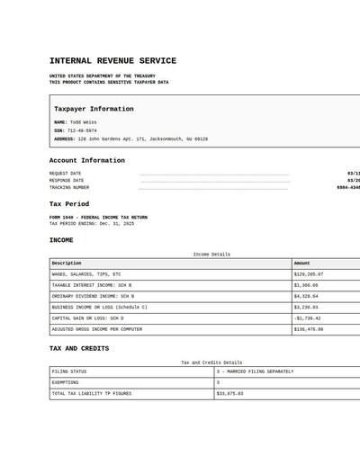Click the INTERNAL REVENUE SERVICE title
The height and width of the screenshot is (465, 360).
[112, 61]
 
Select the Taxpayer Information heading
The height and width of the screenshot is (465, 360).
[94, 109]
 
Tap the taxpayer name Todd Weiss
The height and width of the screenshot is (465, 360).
[84, 122]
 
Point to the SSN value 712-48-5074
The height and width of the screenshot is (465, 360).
[81, 130]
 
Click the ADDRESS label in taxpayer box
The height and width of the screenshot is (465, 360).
[64, 139]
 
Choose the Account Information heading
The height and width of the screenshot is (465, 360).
[86, 161]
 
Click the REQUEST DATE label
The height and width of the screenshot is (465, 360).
[65, 173]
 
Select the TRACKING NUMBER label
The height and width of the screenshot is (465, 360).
[69, 188]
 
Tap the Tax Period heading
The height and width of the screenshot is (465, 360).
[69, 204]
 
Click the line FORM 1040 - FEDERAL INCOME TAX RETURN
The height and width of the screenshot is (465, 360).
[97, 218]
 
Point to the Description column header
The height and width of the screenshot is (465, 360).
[67, 264]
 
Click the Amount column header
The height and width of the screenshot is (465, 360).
[302, 264]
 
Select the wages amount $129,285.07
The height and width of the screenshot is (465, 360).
[309, 274]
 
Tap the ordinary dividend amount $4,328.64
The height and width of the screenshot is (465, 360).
[306, 296]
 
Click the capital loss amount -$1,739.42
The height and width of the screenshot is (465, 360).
[307, 318]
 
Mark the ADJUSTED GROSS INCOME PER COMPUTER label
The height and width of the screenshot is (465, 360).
[97, 329]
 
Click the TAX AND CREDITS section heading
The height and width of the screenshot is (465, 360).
[79, 348]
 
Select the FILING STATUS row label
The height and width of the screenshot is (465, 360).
[69, 371]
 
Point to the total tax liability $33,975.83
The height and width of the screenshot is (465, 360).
[230, 393]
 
